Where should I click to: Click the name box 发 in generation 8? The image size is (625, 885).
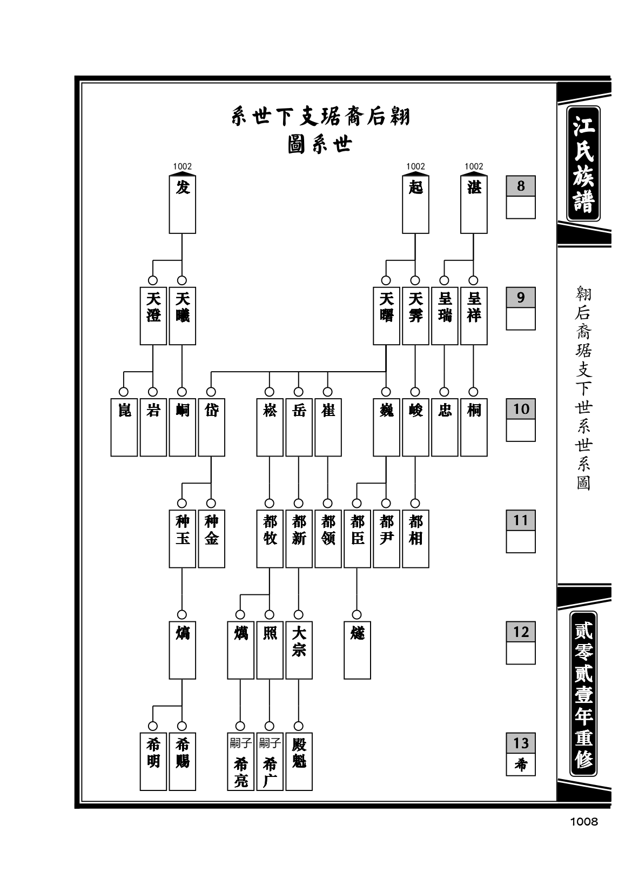[x=182, y=204]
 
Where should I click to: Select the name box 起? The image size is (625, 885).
[x=415, y=204]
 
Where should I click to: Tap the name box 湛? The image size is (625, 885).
[x=474, y=204]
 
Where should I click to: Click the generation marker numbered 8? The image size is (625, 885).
[x=521, y=197]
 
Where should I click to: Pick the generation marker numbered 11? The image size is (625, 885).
[x=521, y=532]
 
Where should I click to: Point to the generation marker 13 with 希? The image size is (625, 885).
[x=521, y=754]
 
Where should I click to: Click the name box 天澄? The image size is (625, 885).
[x=153, y=316]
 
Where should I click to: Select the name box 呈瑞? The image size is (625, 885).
[x=445, y=316]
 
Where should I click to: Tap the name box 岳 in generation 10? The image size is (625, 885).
[x=299, y=427]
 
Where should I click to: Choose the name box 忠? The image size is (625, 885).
[x=445, y=427]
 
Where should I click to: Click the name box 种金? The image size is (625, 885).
[x=211, y=539]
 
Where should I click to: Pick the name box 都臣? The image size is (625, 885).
[x=357, y=539]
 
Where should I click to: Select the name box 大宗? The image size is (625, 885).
[x=299, y=650]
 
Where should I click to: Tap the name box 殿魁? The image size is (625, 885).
[x=299, y=761]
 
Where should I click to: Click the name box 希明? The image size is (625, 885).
[x=153, y=761]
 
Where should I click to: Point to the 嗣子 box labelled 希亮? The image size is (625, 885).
[x=240, y=761]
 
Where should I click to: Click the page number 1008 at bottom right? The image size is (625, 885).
[x=584, y=822]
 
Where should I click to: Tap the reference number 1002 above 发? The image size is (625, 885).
[x=182, y=166]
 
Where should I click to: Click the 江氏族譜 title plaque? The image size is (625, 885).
[x=583, y=163]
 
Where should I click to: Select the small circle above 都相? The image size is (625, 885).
[x=415, y=503]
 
